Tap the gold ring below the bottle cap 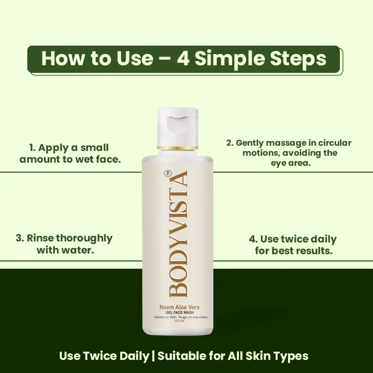[178, 148]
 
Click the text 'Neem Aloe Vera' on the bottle [179, 307]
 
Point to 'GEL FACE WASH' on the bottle [180, 312]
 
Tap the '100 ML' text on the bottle [179, 321]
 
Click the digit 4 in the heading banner [183, 59]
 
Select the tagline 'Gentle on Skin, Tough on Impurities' [181, 317]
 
